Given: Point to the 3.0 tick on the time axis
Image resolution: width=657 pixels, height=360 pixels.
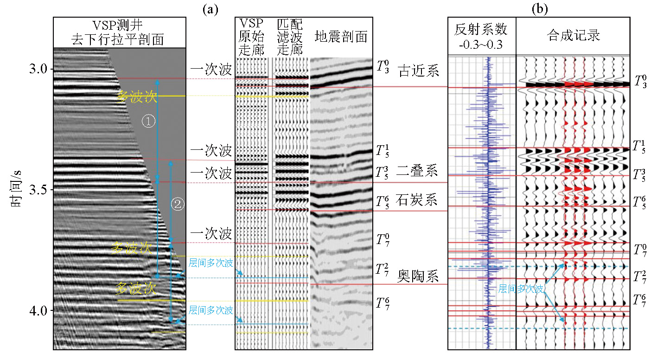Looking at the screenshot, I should pos(35,69).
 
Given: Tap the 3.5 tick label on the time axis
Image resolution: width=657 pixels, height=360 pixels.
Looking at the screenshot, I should pos(35,190).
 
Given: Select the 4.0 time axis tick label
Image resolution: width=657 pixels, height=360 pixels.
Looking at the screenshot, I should pos(35,310).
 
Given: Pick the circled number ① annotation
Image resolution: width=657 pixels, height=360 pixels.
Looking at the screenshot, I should pos(147,121).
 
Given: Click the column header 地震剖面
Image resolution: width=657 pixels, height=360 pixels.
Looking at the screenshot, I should pos(341,37).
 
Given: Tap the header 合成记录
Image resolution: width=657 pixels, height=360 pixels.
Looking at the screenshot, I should pos(573,36).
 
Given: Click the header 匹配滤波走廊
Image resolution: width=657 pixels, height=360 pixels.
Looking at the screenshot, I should pos(290,37).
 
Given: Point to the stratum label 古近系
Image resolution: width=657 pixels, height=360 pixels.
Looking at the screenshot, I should pos(418,72).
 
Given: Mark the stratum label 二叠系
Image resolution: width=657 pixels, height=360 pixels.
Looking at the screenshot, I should pos(418,171).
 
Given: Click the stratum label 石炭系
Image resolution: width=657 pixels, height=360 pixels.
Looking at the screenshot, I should pos(418,200).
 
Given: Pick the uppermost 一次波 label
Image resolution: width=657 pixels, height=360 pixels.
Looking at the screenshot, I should pos(211,70).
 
